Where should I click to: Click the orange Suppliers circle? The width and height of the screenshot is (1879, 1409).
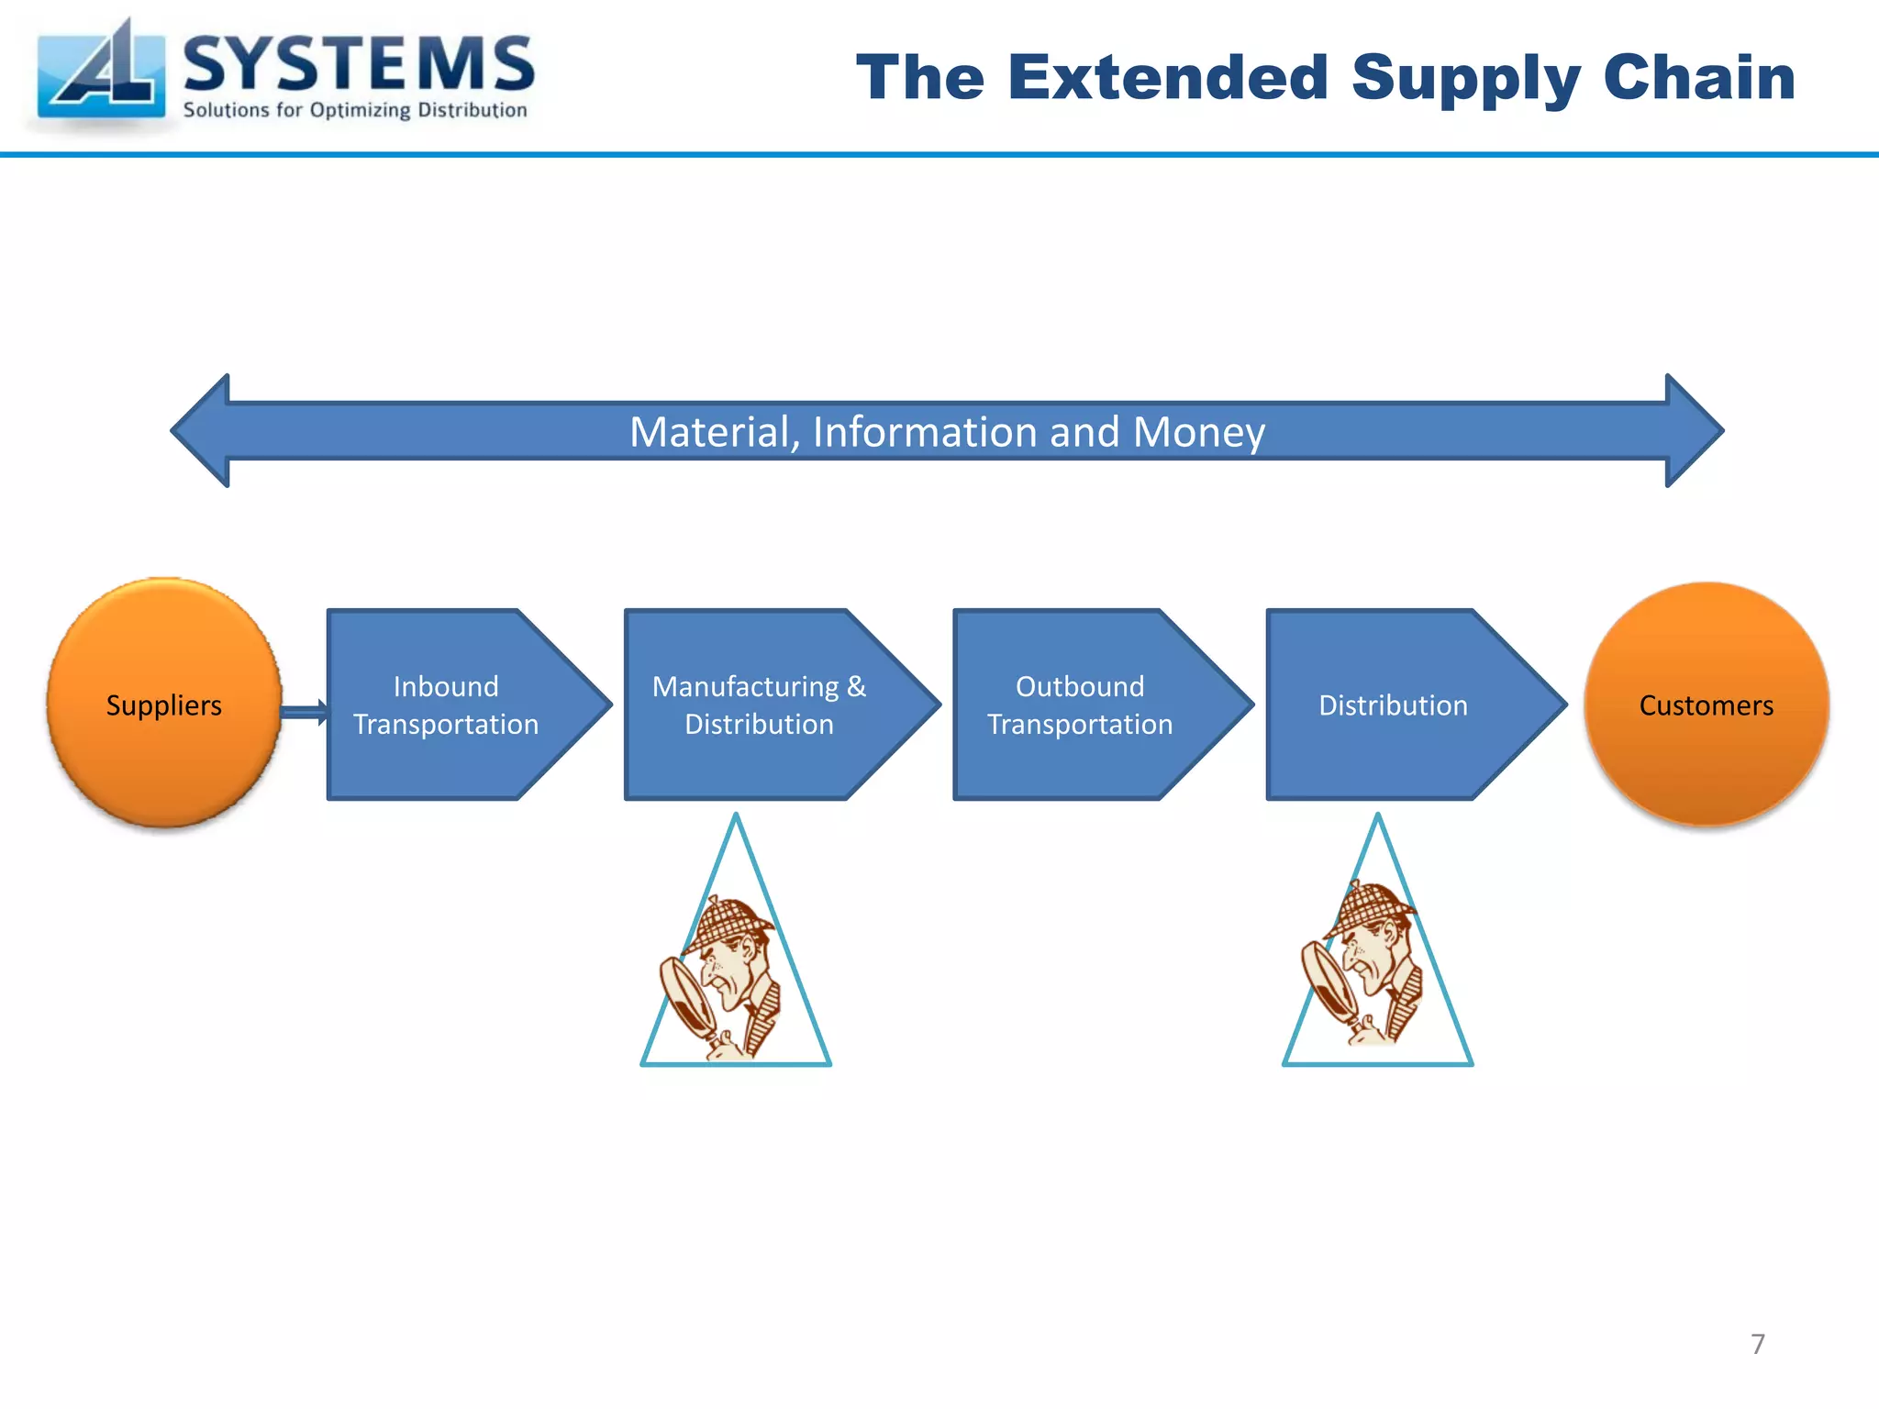tap(164, 704)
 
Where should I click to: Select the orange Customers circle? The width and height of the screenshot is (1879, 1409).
tap(1706, 704)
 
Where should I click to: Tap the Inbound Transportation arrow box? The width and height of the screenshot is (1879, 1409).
tap(447, 704)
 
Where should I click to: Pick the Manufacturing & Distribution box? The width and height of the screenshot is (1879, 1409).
tap(760, 704)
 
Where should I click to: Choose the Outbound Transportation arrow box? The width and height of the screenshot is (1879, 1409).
tap(1080, 704)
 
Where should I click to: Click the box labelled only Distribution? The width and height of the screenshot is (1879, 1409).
tap(1393, 704)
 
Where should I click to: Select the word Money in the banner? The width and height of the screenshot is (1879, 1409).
tap(1199, 432)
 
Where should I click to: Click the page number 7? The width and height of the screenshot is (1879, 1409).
tap(1757, 1344)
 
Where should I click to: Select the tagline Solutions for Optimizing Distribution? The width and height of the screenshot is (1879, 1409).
tap(355, 110)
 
